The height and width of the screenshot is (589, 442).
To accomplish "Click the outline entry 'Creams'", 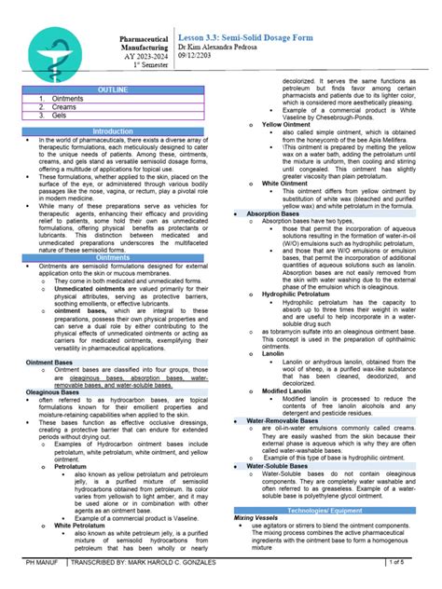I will [64, 107].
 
